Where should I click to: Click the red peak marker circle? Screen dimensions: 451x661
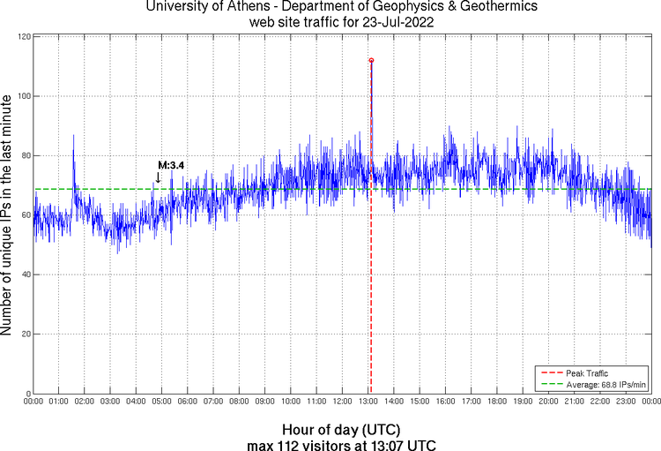pyautogui.click(x=371, y=60)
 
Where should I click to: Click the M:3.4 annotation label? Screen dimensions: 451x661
pyautogui.click(x=170, y=165)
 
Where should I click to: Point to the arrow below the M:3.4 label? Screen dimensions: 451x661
pyautogui.click(x=158, y=177)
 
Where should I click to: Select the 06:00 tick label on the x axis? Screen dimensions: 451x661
pyautogui.click(x=188, y=402)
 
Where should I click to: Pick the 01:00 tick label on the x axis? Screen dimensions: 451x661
pyautogui.click(x=59, y=402)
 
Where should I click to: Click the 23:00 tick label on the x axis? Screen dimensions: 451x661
pyautogui.click(x=626, y=402)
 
